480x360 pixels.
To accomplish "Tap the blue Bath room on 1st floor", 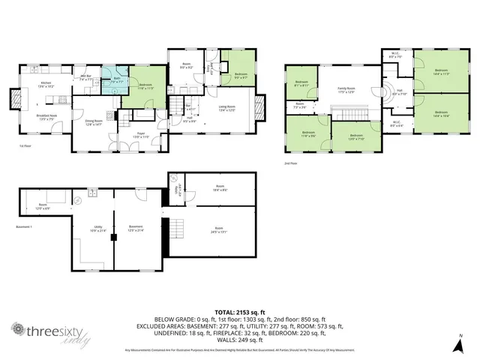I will (117, 81).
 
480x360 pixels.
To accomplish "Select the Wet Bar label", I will (87, 76).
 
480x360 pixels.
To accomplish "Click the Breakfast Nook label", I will (46, 117).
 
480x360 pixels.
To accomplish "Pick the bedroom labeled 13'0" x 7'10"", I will (355, 137).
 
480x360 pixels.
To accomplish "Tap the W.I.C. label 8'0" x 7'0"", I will (396, 55).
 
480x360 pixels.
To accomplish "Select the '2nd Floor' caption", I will (290, 162).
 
